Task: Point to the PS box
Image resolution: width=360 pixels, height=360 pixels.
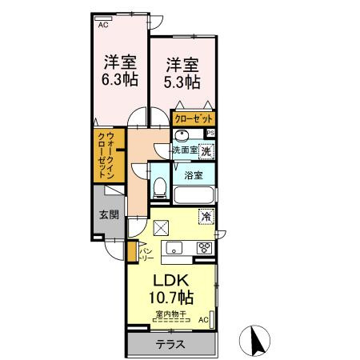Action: coord(210,134)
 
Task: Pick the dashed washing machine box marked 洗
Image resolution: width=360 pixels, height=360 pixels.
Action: coord(206,150)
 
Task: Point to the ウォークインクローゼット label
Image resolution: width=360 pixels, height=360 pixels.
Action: coord(107,156)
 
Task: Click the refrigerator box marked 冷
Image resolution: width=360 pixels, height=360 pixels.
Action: coord(206,215)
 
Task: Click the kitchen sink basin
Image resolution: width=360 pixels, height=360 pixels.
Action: coord(174,247)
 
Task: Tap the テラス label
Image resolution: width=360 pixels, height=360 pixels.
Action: coord(170,345)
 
